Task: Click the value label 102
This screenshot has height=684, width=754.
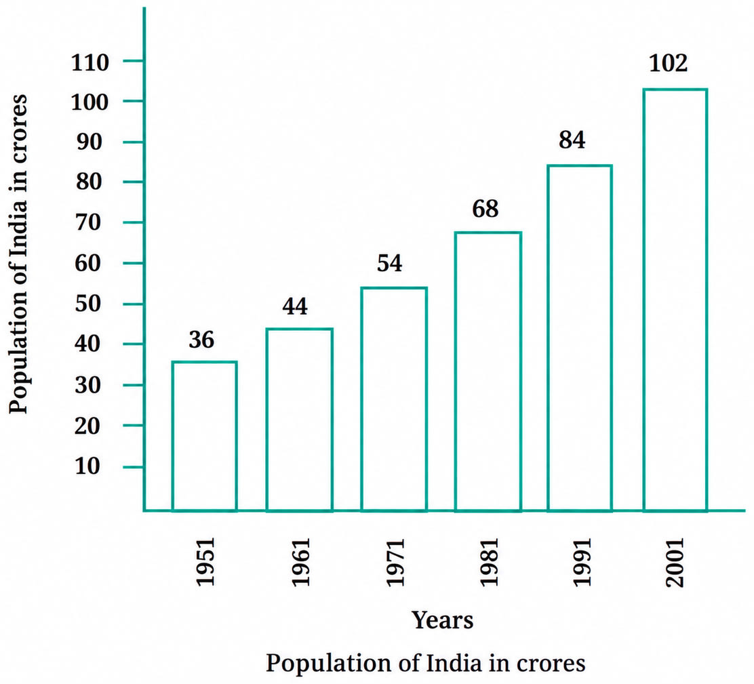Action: pos(668,64)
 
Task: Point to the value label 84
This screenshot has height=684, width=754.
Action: pos(572,140)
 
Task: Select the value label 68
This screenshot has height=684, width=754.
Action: pos(485,209)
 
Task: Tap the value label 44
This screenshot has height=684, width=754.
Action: pos(294,306)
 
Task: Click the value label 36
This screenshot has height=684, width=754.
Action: pos(201,340)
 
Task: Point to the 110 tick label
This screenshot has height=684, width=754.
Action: pos(90,62)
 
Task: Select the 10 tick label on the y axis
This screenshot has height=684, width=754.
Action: pos(87,466)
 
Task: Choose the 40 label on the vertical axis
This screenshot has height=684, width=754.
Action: pos(87,344)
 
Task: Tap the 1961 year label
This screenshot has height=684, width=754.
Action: pos(300,563)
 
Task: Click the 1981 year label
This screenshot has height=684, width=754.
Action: pos(490,563)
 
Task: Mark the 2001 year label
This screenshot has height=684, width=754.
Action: pos(674,563)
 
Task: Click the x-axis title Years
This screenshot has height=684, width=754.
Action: pos(442,620)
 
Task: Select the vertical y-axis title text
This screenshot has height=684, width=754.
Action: pos(18,254)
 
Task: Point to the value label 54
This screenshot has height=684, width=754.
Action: pos(389,263)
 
